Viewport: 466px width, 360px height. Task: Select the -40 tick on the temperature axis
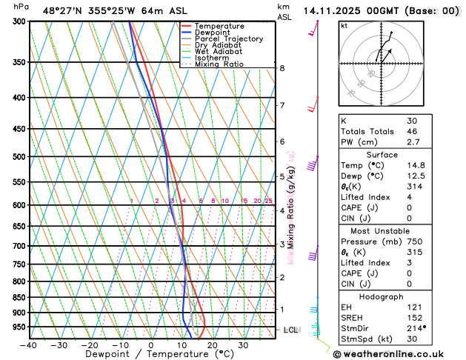point(29,345)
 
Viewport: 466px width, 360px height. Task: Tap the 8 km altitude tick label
point(282,68)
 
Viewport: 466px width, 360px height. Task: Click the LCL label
point(290,330)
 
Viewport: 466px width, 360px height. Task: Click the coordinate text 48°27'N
point(65,11)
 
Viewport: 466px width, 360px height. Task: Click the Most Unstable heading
point(382,231)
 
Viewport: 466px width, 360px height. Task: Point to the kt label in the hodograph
point(344,25)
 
